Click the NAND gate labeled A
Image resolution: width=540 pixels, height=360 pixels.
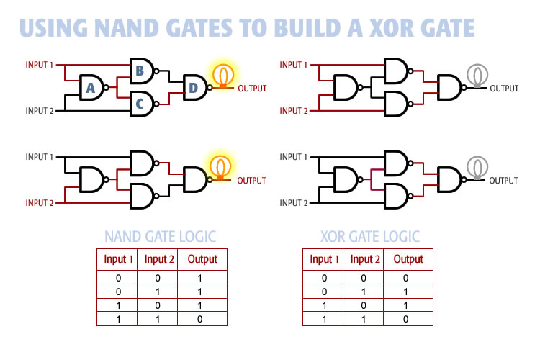(91, 88)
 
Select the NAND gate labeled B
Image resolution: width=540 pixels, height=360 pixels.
(140, 71)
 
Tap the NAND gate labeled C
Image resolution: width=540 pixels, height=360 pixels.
(140, 104)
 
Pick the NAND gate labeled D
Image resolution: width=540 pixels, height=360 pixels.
(194, 87)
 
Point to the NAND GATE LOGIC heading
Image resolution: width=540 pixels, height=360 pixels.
(160, 236)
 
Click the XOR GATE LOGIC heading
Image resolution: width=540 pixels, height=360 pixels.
(370, 236)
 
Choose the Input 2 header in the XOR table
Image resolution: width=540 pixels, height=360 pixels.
(365, 259)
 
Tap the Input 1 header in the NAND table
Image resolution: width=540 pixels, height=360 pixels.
(119, 259)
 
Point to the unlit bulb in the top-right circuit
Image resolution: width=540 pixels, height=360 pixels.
(475, 74)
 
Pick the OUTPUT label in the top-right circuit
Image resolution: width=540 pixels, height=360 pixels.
(504, 89)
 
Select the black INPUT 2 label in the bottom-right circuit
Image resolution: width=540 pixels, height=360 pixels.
(294, 203)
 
